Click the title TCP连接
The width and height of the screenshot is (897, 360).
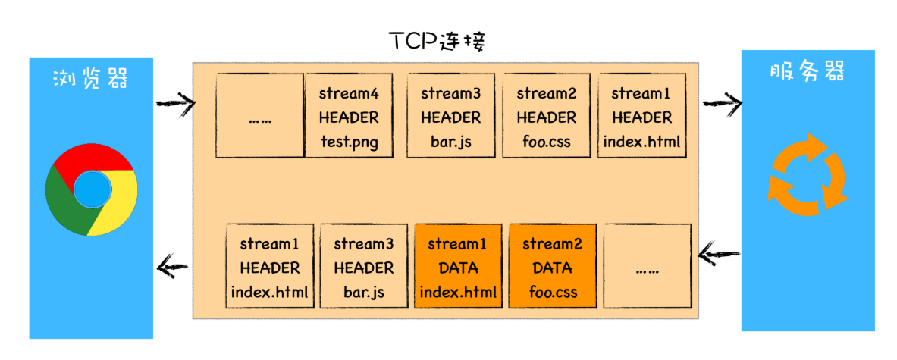click(436, 42)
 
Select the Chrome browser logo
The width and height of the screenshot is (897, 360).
click(91, 190)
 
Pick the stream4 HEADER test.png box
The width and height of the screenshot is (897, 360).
click(349, 116)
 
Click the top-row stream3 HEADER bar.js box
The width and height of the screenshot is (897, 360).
click(450, 116)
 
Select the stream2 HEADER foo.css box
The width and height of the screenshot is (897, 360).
click(546, 116)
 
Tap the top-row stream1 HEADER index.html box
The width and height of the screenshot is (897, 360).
click(641, 116)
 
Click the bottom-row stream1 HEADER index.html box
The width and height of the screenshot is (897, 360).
click(270, 266)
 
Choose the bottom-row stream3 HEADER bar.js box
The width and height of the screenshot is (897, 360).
click(363, 266)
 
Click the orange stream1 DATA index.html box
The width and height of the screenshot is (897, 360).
click(458, 266)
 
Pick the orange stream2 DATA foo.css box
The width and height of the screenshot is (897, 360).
click(553, 266)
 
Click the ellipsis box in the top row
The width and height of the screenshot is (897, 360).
click(259, 116)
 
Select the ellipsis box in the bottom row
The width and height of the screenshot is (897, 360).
click(648, 266)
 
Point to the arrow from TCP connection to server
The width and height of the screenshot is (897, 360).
click(722, 102)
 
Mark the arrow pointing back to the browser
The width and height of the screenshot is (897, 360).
click(172, 265)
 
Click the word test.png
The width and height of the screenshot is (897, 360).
click(349, 142)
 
